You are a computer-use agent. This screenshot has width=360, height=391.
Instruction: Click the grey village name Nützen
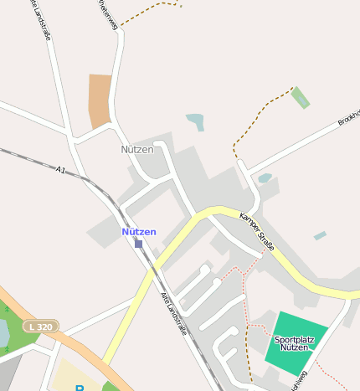(137, 149)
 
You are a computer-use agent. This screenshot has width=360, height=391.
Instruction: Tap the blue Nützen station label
(138, 231)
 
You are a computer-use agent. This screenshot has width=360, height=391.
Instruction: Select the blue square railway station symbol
(138, 244)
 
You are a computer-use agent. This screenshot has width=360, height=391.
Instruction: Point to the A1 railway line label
(60, 170)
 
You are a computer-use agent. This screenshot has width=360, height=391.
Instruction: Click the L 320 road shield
(40, 326)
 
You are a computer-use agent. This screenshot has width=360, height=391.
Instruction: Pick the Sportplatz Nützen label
(295, 342)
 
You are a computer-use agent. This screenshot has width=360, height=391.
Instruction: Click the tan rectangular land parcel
(100, 100)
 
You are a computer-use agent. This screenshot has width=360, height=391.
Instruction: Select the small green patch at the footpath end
(300, 97)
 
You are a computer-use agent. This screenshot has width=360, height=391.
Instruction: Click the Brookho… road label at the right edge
(347, 118)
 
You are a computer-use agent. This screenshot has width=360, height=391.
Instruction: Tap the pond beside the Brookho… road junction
(265, 178)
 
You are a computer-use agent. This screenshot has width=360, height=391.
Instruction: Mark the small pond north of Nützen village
(196, 122)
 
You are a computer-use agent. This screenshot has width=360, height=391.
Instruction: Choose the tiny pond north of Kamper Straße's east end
(320, 236)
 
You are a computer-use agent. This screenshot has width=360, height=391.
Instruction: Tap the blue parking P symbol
(80, 388)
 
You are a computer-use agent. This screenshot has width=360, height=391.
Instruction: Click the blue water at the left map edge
(3, 332)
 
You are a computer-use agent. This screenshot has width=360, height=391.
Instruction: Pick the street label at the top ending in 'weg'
(108, 15)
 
